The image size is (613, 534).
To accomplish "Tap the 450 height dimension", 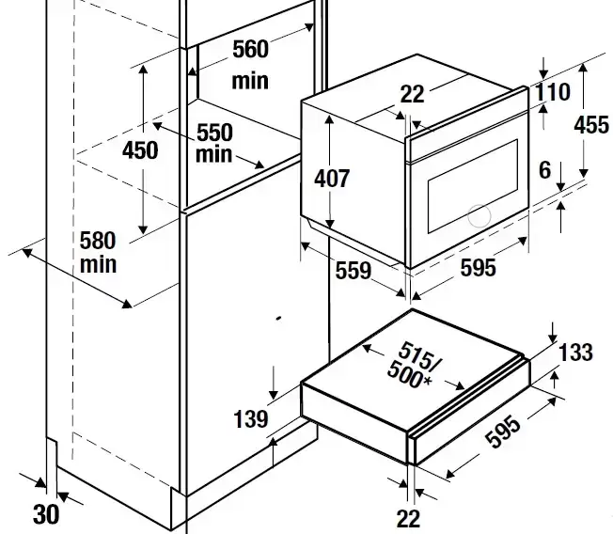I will [x=140, y=150].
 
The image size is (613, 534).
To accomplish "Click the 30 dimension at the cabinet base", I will [x=45, y=514].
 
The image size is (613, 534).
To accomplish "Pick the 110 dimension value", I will [x=554, y=92].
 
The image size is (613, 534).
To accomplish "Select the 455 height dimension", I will [x=591, y=125].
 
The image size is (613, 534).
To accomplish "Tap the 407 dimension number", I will [x=331, y=178].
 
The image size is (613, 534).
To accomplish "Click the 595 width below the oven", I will [x=478, y=269].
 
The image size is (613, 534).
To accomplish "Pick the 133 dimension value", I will [x=574, y=353].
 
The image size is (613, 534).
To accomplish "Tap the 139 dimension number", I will [x=249, y=419].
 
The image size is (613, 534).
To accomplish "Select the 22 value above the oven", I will [x=411, y=94].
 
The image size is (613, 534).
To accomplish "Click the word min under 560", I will [x=250, y=81].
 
